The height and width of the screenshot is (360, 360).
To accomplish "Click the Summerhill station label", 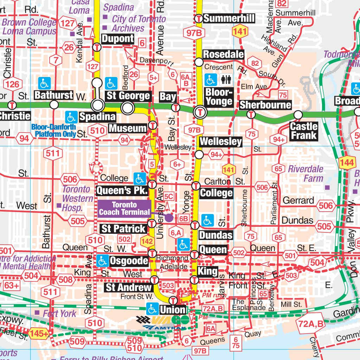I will (229, 18).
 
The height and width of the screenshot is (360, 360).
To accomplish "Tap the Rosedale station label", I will (223, 54).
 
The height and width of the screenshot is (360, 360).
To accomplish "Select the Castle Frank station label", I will (304, 131).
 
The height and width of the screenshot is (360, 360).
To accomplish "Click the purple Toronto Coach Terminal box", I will (124, 208).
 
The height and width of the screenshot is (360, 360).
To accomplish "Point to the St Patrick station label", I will (123, 229).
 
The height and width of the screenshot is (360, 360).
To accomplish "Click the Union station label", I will (173, 310).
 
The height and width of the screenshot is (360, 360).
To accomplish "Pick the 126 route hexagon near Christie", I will (12, 84).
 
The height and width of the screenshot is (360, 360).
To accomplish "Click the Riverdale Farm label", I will (306, 173).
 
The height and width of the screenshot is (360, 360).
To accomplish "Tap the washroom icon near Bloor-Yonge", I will (225, 80).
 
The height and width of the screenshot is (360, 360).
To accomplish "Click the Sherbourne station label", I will (265, 105).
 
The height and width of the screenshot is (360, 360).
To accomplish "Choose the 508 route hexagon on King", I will (66, 280).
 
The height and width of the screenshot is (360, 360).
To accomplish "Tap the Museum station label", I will (128, 128).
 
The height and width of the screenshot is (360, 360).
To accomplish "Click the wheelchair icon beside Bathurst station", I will (45, 84).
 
